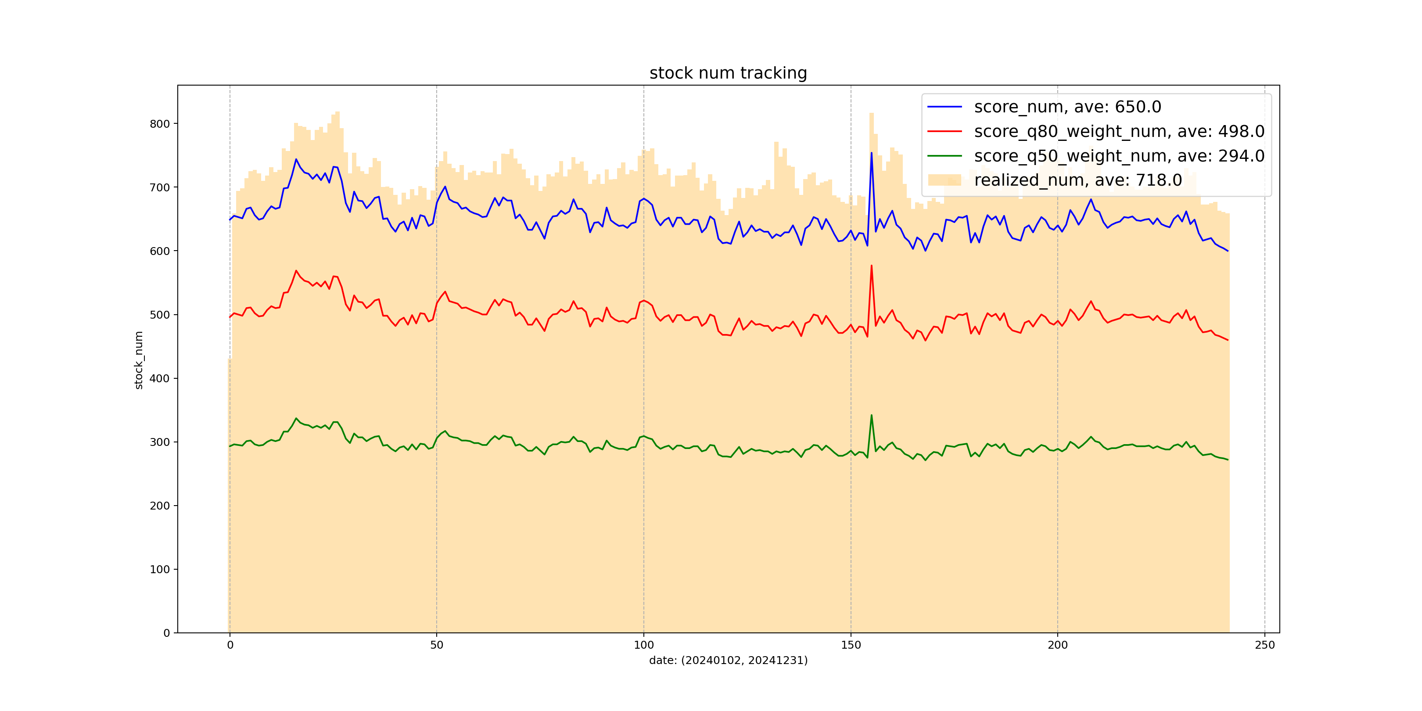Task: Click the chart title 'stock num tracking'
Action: pyautogui.click(x=728, y=73)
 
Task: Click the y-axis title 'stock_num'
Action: pyautogui.click(x=139, y=360)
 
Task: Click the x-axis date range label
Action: pyautogui.click(x=728, y=660)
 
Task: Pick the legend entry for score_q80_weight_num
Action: pyautogui.click(x=1119, y=131)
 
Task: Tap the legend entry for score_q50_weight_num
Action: pyautogui.click(x=1119, y=156)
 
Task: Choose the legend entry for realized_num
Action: pyautogui.click(x=1077, y=180)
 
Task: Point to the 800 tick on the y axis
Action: pyautogui.click(x=159, y=124)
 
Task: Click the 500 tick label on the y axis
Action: pyautogui.click(x=159, y=315)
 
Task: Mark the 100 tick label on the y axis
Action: pyautogui.click(x=159, y=569)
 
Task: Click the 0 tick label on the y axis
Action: pyautogui.click(x=166, y=633)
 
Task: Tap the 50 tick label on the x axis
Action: pyautogui.click(x=437, y=645)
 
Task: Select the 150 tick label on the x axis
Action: pyautogui.click(x=851, y=645)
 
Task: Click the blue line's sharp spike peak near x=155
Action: pyautogui.click(x=872, y=153)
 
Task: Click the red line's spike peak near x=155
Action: pyautogui.click(x=872, y=266)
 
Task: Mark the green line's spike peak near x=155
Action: pyautogui.click(x=872, y=415)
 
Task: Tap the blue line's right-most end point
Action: pyautogui.click(x=1228, y=251)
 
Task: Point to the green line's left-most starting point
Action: pyautogui.click(x=230, y=446)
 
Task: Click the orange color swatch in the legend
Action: pyautogui.click(x=944, y=180)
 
